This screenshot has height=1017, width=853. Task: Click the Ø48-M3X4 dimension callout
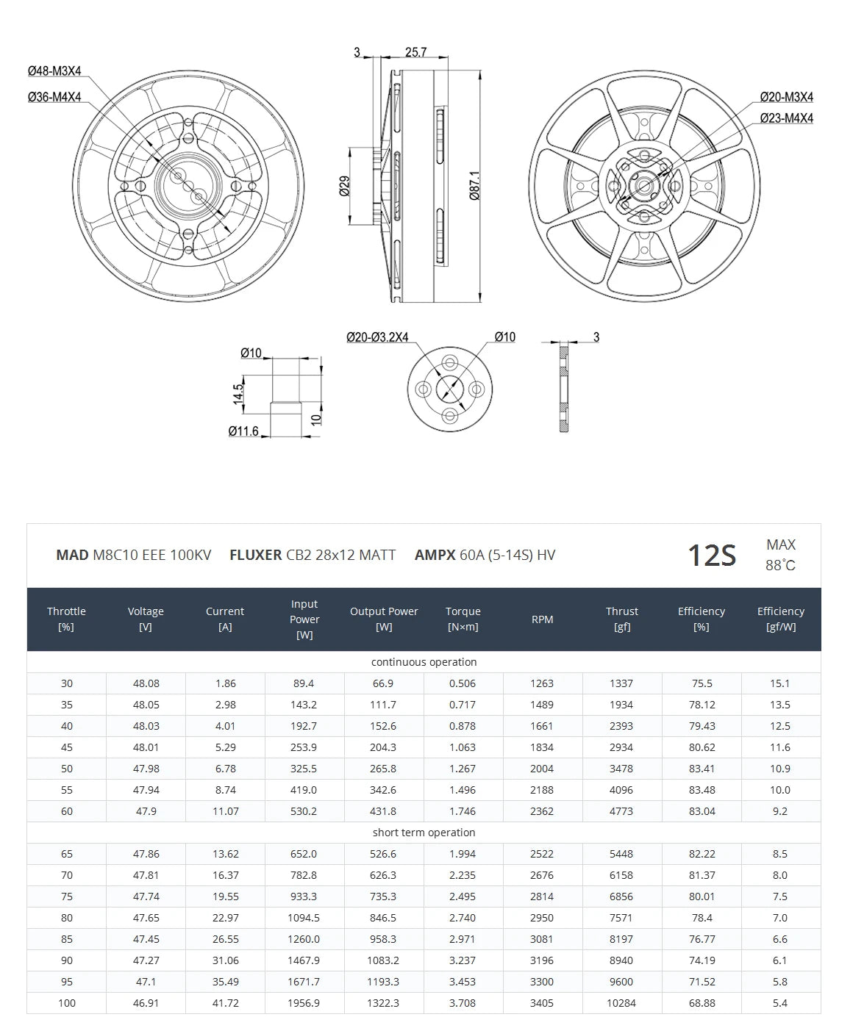click(x=54, y=71)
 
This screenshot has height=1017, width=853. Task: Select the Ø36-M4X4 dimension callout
click(x=54, y=97)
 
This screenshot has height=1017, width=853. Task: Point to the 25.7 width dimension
click(x=415, y=52)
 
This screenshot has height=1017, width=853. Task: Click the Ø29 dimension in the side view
click(x=344, y=186)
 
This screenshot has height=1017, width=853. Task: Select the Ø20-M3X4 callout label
click(x=786, y=97)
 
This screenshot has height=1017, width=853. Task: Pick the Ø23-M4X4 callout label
click(x=786, y=118)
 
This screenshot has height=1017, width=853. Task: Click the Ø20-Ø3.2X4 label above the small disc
click(x=377, y=337)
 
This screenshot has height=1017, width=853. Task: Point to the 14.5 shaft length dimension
click(x=238, y=392)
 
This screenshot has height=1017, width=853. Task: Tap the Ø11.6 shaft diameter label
click(x=243, y=431)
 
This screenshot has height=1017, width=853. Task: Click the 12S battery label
click(x=711, y=556)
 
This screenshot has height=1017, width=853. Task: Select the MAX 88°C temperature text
click(x=780, y=555)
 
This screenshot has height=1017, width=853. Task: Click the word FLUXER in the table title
click(x=255, y=556)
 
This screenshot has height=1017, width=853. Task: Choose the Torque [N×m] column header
click(x=463, y=619)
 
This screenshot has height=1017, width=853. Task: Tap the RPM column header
click(x=542, y=619)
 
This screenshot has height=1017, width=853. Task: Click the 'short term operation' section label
click(x=424, y=833)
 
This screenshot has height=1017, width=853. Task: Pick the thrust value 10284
click(x=621, y=1003)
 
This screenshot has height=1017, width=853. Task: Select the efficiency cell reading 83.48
click(x=702, y=790)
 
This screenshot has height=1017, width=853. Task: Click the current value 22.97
click(x=225, y=918)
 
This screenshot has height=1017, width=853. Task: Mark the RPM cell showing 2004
click(x=542, y=769)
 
